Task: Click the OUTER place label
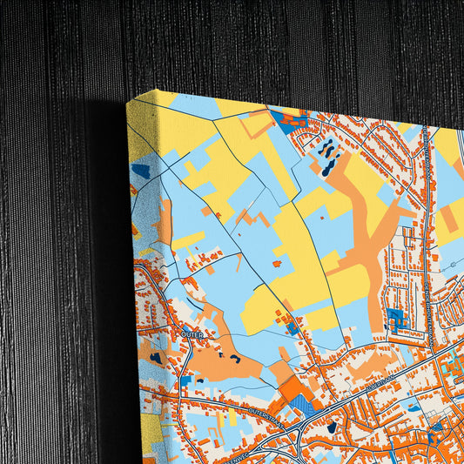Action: (x=192, y=333)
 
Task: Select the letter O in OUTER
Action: (x=184, y=332)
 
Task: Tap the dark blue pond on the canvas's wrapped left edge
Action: (x=140, y=171)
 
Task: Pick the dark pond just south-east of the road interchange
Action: (x=331, y=427)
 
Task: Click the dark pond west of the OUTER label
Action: (x=156, y=357)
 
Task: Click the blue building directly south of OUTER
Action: (x=185, y=380)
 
